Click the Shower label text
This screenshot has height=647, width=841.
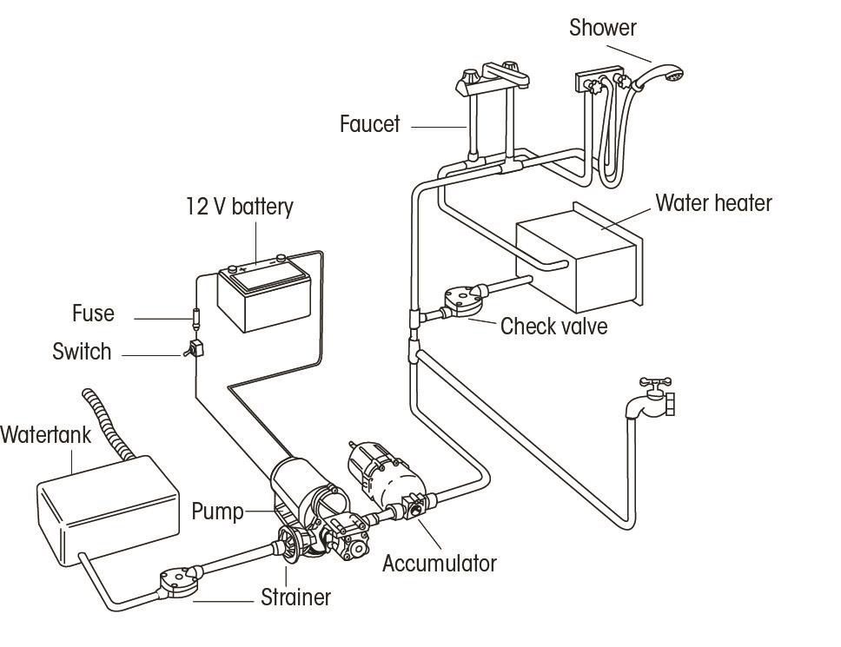click(x=602, y=28)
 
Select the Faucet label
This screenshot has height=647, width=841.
click(x=369, y=124)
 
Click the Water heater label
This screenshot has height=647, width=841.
click(x=713, y=203)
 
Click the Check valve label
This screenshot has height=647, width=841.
click(x=553, y=327)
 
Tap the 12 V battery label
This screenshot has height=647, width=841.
click(x=239, y=207)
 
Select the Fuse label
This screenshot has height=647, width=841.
click(x=93, y=314)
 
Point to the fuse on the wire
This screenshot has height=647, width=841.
click(x=195, y=314)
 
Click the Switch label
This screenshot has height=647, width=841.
click(x=82, y=352)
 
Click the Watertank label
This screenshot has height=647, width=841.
click(x=45, y=435)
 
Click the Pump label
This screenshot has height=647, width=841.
click(x=217, y=511)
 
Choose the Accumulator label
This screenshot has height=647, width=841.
click(x=439, y=564)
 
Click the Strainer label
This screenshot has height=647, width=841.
click(x=295, y=597)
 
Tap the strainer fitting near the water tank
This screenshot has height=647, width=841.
click(x=177, y=581)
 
